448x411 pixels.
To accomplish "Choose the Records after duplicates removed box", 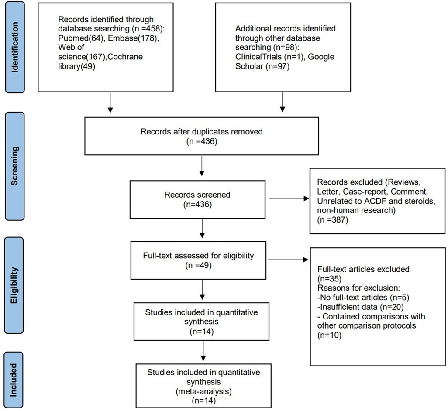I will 201,136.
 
